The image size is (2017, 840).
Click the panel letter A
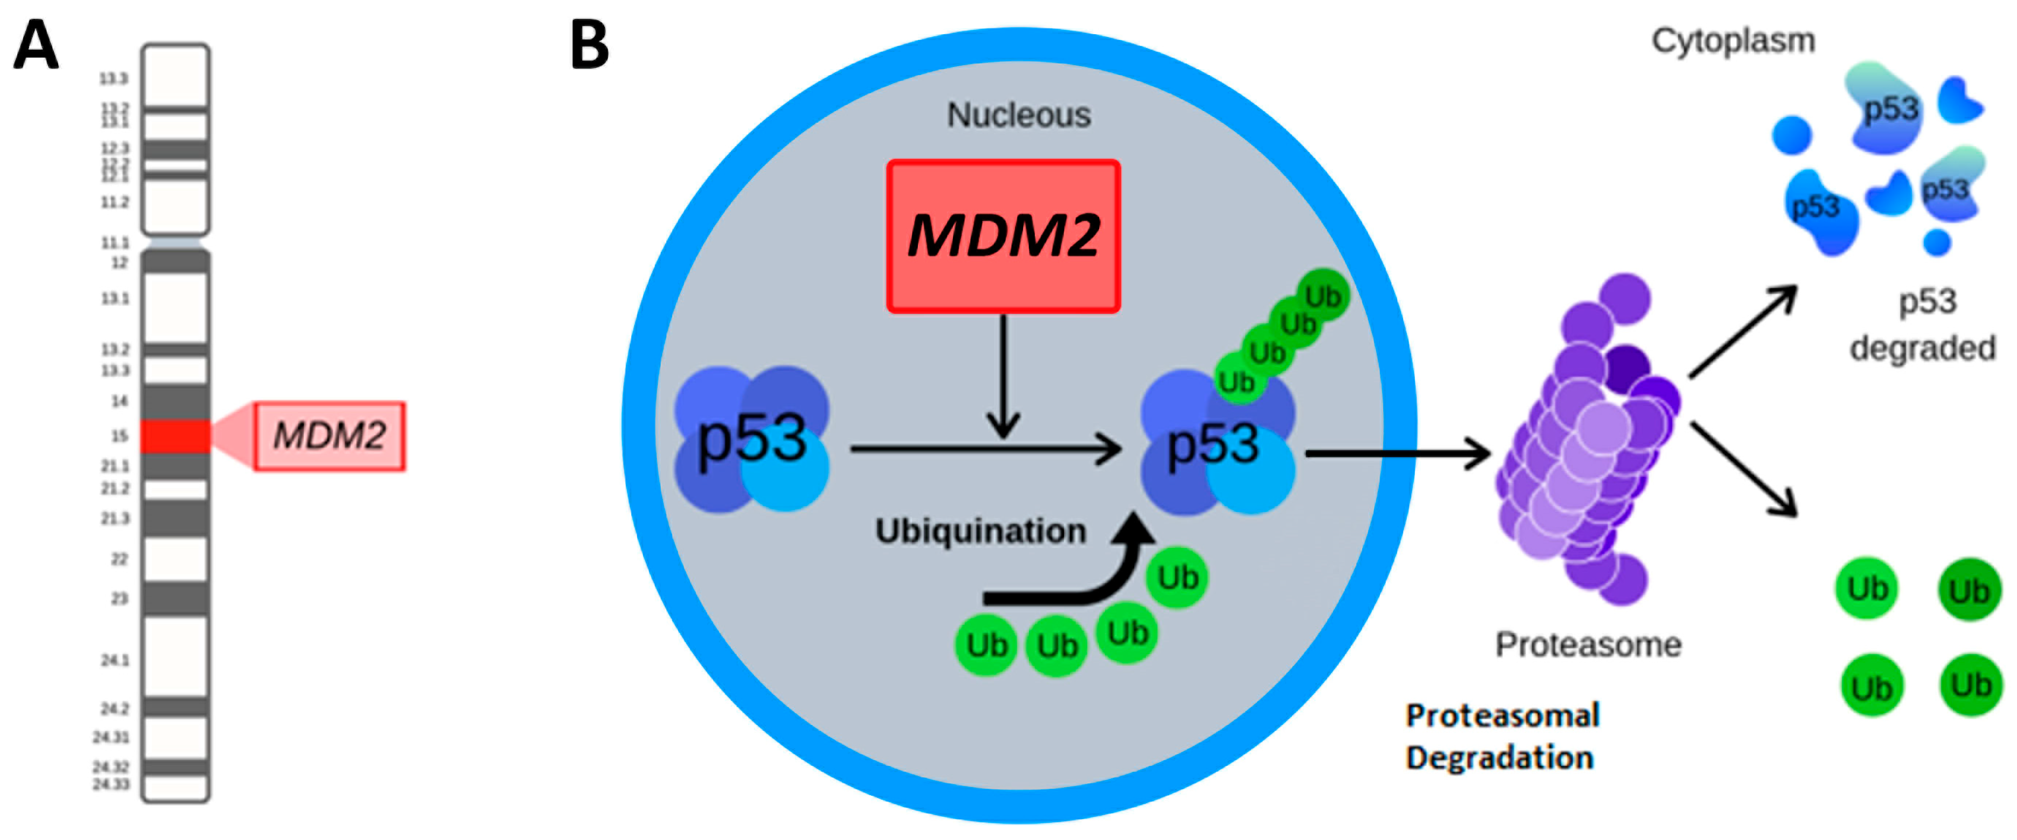tap(36, 45)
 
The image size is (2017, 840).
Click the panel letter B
tap(589, 45)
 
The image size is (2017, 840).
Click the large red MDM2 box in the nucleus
tap(1003, 236)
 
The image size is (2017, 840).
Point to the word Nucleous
tap(1019, 115)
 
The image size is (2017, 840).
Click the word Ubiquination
tap(980, 531)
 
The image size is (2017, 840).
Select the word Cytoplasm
tap(1733, 41)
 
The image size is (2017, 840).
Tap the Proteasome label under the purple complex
tap(1588, 645)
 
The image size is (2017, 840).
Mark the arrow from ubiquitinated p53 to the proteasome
tap(1398, 453)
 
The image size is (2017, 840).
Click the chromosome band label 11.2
tap(114, 202)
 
